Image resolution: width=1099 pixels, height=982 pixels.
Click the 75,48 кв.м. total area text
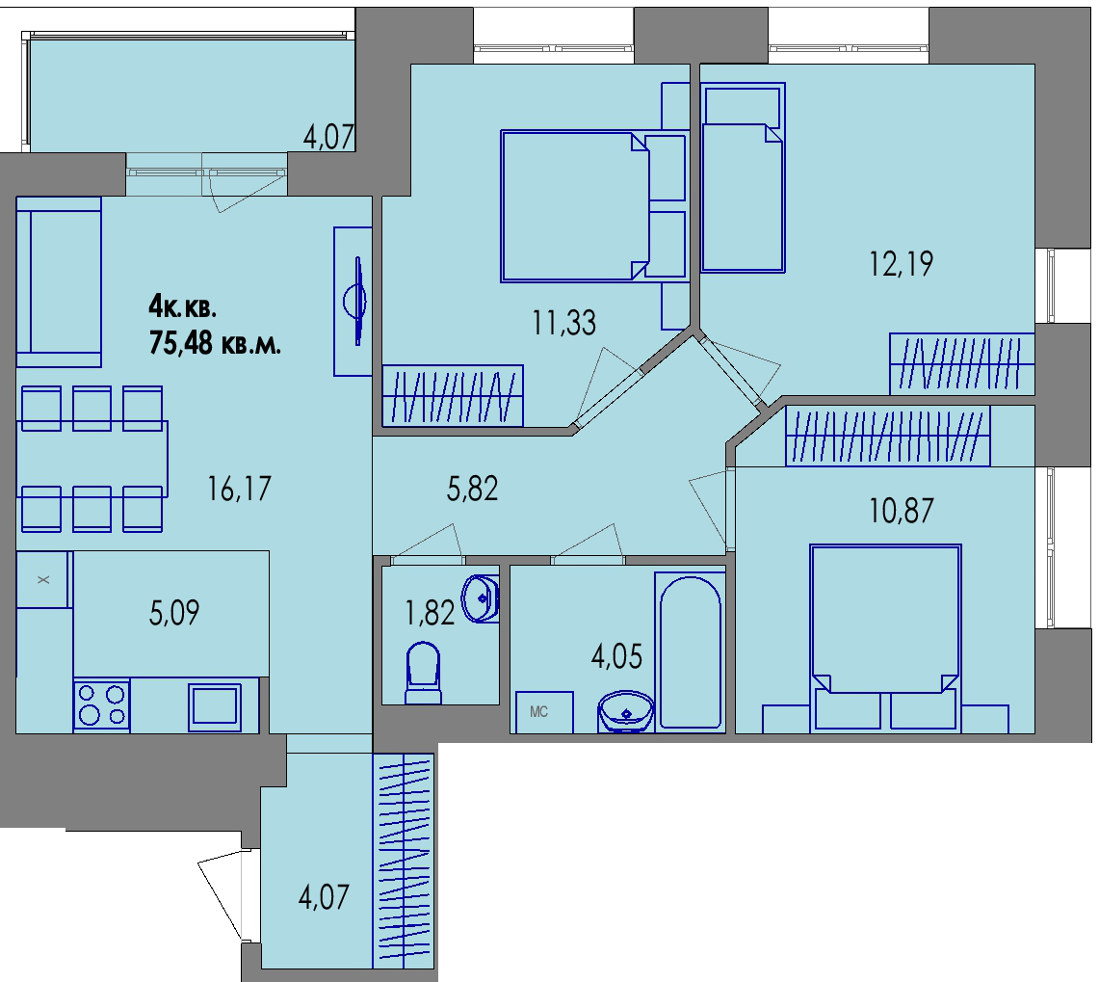point(215,344)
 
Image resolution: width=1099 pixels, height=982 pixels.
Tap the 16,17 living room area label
point(239,489)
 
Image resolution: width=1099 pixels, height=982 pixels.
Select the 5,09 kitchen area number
point(173,612)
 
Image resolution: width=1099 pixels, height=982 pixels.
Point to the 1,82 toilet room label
point(430,613)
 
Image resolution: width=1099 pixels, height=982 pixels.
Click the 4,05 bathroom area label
point(616,656)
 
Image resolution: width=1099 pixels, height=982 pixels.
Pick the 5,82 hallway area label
point(472,489)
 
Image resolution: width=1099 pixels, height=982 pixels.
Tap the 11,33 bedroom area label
point(564,324)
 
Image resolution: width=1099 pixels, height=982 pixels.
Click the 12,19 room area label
point(902,264)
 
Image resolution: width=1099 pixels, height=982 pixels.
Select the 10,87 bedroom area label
point(902,511)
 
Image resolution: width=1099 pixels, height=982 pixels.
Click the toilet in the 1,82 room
point(424,673)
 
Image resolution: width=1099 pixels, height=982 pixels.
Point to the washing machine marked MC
point(544,712)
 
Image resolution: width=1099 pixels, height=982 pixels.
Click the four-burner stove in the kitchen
point(102,704)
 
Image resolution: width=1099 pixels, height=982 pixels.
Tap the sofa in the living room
point(59,282)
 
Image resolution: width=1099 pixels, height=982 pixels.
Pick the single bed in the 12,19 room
point(743,177)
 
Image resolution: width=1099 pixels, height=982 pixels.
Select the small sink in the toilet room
point(480,598)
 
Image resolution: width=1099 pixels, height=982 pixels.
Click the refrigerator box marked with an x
point(42,579)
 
